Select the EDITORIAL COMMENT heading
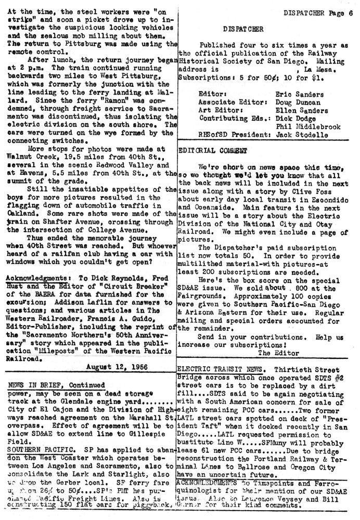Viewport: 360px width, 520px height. pos(206,150)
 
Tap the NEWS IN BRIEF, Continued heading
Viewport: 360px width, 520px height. pos(57,385)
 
